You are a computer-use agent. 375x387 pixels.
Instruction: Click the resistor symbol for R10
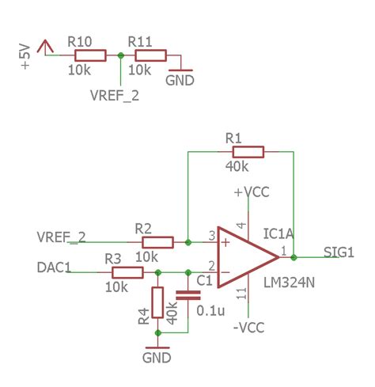coord(89,55)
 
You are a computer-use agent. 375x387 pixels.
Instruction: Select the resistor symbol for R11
coord(150,55)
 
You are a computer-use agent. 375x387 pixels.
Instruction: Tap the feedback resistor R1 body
coord(248,152)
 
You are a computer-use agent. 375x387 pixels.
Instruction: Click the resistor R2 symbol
coord(157,242)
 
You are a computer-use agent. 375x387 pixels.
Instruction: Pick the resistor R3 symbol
coord(127,272)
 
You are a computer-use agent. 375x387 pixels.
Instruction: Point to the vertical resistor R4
coord(157,302)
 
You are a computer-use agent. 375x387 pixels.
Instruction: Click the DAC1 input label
coord(54,268)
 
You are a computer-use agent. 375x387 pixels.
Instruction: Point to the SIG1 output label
coord(339,252)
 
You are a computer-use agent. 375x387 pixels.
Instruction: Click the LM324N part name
coord(288,282)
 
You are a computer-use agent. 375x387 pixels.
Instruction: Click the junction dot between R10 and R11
coord(119,55)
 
